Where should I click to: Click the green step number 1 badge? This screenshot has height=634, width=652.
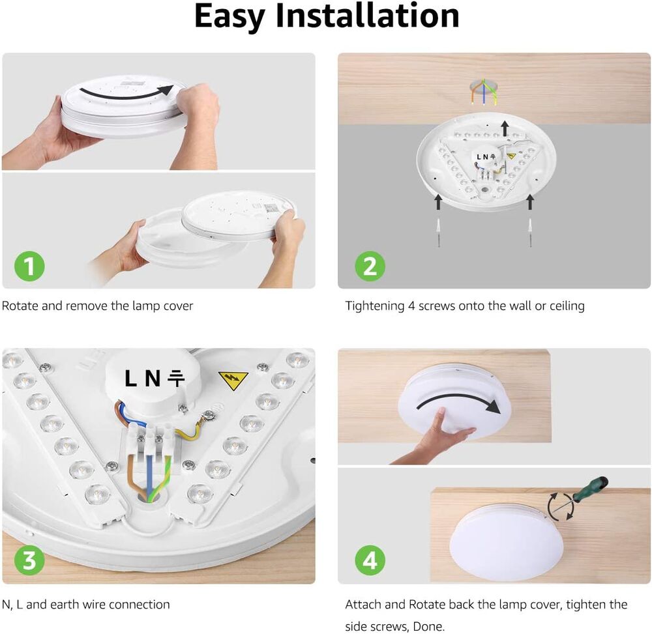[x=29, y=267]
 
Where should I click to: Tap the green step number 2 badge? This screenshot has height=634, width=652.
[x=370, y=267]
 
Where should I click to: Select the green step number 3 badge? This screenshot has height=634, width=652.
[x=29, y=560]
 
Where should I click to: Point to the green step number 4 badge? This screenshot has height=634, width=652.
[x=370, y=560]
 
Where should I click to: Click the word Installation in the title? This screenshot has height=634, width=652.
[x=367, y=16]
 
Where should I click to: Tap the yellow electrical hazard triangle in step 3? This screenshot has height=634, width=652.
[x=233, y=380]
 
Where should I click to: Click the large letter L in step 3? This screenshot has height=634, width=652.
[x=130, y=378]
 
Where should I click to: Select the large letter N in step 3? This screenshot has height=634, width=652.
[x=152, y=378]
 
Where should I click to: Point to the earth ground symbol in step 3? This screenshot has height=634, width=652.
[x=176, y=378]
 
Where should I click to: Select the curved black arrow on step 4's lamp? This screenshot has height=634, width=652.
[x=458, y=399]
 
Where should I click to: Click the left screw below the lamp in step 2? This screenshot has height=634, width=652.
[x=438, y=232]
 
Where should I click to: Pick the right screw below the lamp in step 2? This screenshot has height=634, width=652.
[x=530, y=232]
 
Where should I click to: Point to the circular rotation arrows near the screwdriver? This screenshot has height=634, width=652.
[x=561, y=507]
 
